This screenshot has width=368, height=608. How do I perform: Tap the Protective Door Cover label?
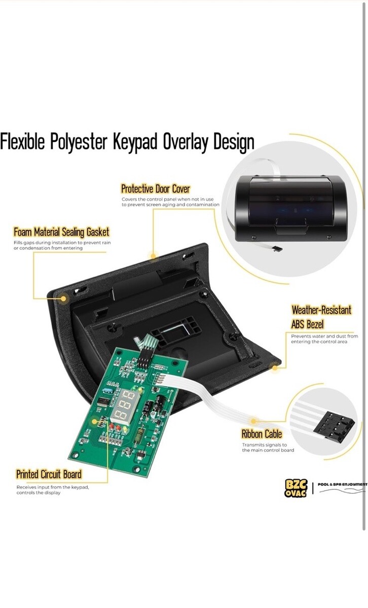pyautogui.click(x=155, y=188)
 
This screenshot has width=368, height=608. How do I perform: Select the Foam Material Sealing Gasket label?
pyautogui.click(x=61, y=232)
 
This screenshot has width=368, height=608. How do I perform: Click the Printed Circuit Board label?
pyautogui.click(x=49, y=474)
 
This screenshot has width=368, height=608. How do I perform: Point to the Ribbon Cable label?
pyautogui.click(x=262, y=434)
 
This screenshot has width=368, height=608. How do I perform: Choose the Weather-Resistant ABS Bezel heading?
pyautogui.click(x=321, y=317)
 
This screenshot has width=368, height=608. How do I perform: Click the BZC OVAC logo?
pyautogui.click(x=296, y=488)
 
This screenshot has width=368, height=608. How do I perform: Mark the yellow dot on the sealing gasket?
pyautogui.click(x=63, y=298)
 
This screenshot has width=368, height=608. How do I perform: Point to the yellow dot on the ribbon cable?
pyautogui.click(x=253, y=421)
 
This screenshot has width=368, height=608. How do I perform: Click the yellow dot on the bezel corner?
pyautogui.click(x=275, y=368)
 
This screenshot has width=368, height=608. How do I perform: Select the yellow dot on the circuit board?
pyautogui.click(x=94, y=422)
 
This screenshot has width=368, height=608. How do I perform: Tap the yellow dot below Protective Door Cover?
pyautogui.click(x=153, y=256)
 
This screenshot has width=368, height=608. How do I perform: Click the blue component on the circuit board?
pyautogui.click(x=107, y=391)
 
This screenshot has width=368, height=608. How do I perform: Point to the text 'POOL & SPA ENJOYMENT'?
pyautogui.click(x=342, y=484)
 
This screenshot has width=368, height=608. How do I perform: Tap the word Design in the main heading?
pyautogui.click(x=234, y=142)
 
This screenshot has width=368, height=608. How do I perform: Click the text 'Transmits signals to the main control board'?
pyautogui.click(x=268, y=447)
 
